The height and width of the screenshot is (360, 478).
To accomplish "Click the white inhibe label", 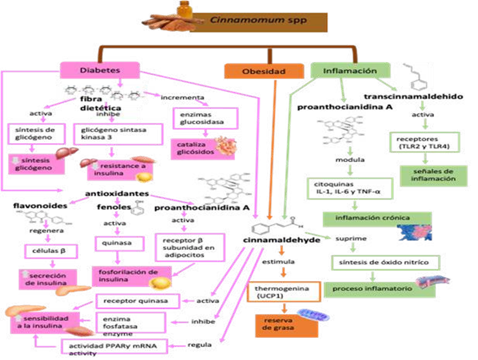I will (x=114, y=114).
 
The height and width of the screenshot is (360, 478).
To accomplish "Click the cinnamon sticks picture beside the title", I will (x=170, y=24).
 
